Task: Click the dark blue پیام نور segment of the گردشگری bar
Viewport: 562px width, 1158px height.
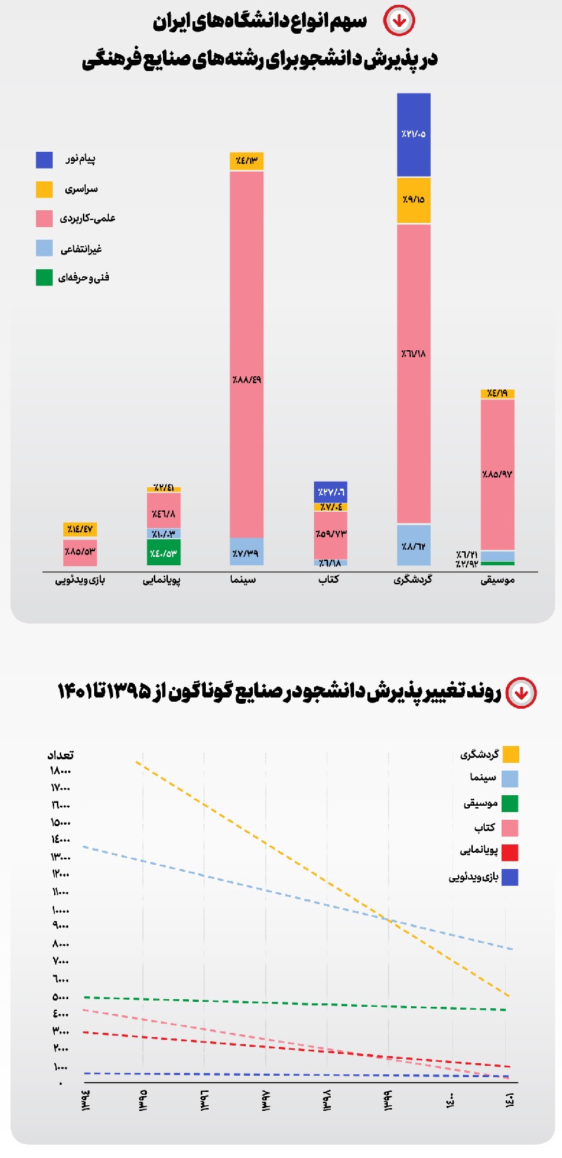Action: (x=414, y=134)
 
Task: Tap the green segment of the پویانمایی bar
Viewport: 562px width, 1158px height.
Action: (x=164, y=553)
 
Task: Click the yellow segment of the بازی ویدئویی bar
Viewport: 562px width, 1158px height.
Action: (x=80, y=529)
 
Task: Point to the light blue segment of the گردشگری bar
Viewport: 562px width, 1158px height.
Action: (x=414, y=546)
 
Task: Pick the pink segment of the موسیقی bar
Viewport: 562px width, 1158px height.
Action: (x=497, y=475)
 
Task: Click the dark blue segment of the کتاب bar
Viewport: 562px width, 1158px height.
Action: (x=330, y=492)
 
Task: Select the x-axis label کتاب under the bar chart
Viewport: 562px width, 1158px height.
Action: (x=329, y=579)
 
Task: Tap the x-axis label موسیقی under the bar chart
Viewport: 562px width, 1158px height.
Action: (x=497, y=580)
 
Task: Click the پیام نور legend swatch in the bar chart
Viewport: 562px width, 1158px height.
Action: (x=44, y=160)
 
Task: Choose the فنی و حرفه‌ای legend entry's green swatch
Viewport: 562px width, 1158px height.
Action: (x=44, y=278)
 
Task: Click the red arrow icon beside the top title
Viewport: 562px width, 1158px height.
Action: (x=399, y=21)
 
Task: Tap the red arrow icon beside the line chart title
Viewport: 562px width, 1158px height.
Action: (x=521, y=693)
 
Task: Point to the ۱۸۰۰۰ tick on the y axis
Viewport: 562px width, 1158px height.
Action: (x=60, y=771)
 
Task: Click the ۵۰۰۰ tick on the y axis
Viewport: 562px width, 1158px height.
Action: (x=61, y=997)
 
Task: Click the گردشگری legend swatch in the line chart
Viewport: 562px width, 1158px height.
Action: (x=511, y=754)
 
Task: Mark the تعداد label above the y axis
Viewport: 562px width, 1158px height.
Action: (x=60, y=755)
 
